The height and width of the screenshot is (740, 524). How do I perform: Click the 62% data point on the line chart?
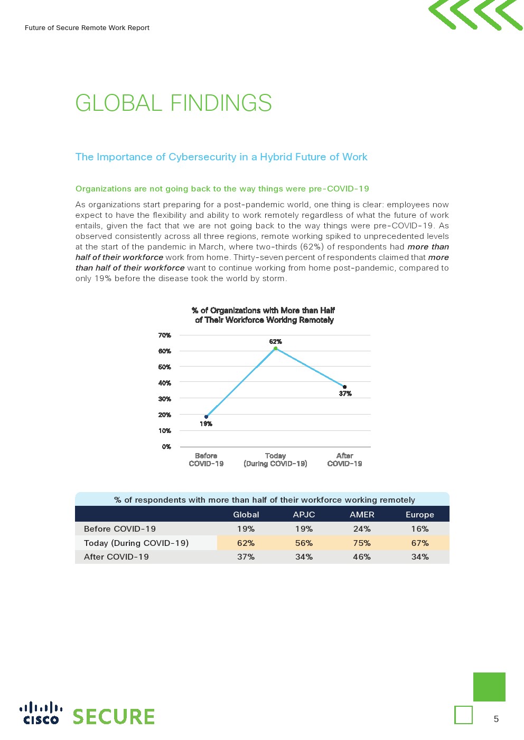pos(275,348)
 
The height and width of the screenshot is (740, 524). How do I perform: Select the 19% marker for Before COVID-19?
pos(206,417)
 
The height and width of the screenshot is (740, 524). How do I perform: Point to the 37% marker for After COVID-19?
pos(344,387)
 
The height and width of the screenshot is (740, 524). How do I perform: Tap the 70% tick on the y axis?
pos(165,335)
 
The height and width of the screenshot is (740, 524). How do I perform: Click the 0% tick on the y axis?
pos(166,447)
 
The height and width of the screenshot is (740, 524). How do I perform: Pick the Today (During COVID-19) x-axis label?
pos(275,459)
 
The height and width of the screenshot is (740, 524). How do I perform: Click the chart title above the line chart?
pos(264,315)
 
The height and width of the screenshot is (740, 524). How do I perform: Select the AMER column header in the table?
pos(362,514)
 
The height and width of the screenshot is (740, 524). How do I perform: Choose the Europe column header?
pos(419,514)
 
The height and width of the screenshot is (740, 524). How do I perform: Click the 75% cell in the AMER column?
pos(362,543)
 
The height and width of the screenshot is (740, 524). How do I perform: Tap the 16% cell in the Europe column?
pos(420,528)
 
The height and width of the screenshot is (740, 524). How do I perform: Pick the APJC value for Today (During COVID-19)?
pos(304,543)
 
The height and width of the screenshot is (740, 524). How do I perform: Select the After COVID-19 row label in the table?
pos(116,556)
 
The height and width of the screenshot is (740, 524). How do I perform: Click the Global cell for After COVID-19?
pos(246,556)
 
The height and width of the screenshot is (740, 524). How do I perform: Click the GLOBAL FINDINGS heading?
pos(173,103)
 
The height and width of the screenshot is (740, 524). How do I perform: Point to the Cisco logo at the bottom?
pos(41,713)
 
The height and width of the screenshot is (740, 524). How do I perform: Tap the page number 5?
pos(496,719)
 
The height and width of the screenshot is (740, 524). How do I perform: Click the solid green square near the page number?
pos(489,687)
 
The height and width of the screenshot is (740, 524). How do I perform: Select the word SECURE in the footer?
pos(114,717)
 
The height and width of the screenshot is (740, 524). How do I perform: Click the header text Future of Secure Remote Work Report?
pos(87,28)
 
